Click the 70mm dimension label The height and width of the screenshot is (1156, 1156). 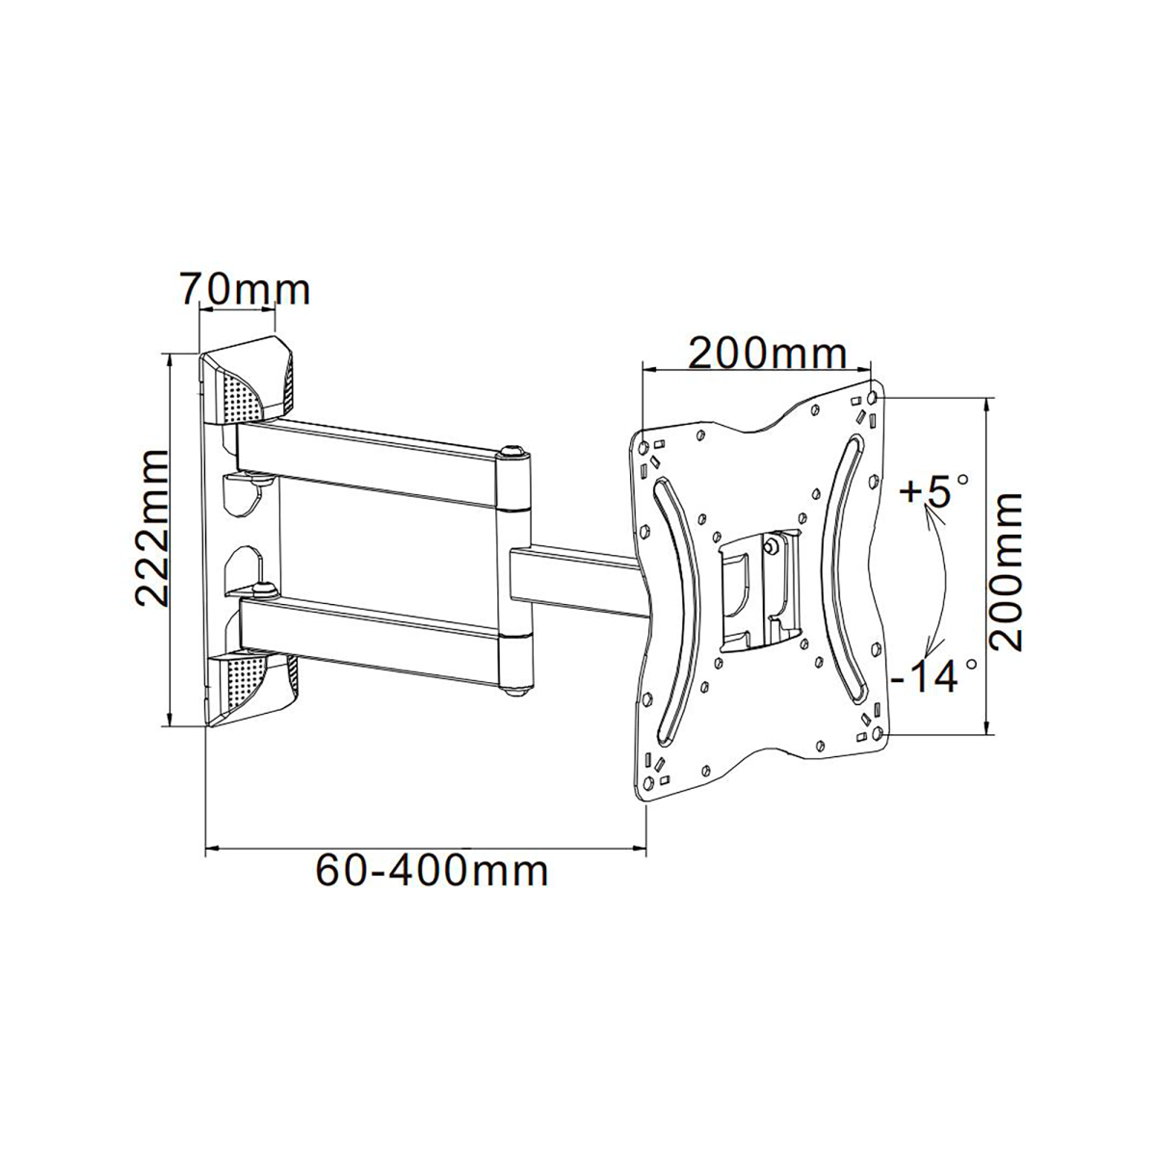pos(246,290)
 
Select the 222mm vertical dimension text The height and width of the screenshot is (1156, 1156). pos(151,529)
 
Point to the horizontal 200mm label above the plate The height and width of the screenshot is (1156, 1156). pos(767,354)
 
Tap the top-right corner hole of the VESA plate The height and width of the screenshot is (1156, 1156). pos(872,398)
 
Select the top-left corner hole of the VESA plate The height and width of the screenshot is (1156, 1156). pos(644,448)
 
